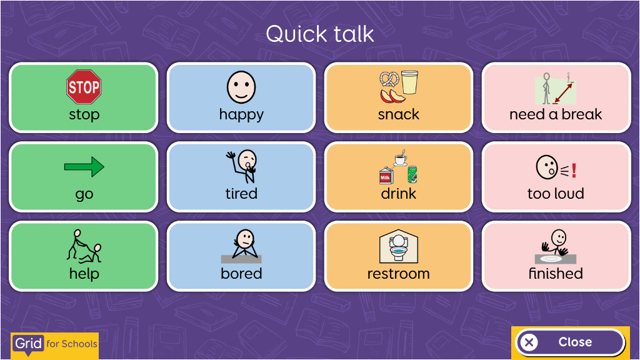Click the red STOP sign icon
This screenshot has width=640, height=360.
coord(84,87)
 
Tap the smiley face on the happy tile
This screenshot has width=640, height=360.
coord(241,87)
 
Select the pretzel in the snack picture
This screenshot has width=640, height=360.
coord(389,79)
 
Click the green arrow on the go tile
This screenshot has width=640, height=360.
coord(84,166)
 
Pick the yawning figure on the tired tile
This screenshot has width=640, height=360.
coord(243,166)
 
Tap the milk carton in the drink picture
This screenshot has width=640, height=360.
coord(386,176)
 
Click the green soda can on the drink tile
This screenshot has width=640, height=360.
coord(412,174)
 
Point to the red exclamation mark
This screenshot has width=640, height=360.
coord(574,170)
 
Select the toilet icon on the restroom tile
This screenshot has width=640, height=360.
coord(398,246)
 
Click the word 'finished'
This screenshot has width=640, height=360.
coord(556,274)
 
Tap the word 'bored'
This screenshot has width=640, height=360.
coord(241,274)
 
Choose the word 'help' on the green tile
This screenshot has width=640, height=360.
coord(84,274)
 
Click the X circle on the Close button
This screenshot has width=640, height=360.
coord(529,342)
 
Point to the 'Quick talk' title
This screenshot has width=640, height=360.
coord(320,34)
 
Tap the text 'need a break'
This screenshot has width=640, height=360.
coord(556,114)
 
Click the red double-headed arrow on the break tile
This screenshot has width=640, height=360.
coord(563,93)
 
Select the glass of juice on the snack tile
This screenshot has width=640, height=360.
coord(410,82)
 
